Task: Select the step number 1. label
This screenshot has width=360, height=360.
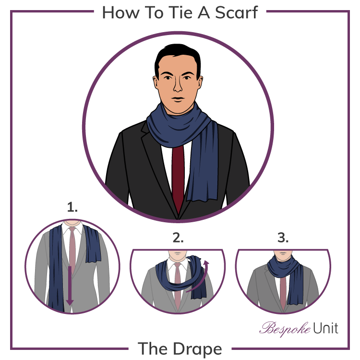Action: (x=72, y=208)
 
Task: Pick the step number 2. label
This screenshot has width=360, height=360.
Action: (x=178, y=238)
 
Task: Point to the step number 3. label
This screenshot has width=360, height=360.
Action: (x=283, y=238)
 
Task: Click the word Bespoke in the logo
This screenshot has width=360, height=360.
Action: (x=280, y=329)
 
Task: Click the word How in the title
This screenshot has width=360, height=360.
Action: (x=119, y=12)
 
